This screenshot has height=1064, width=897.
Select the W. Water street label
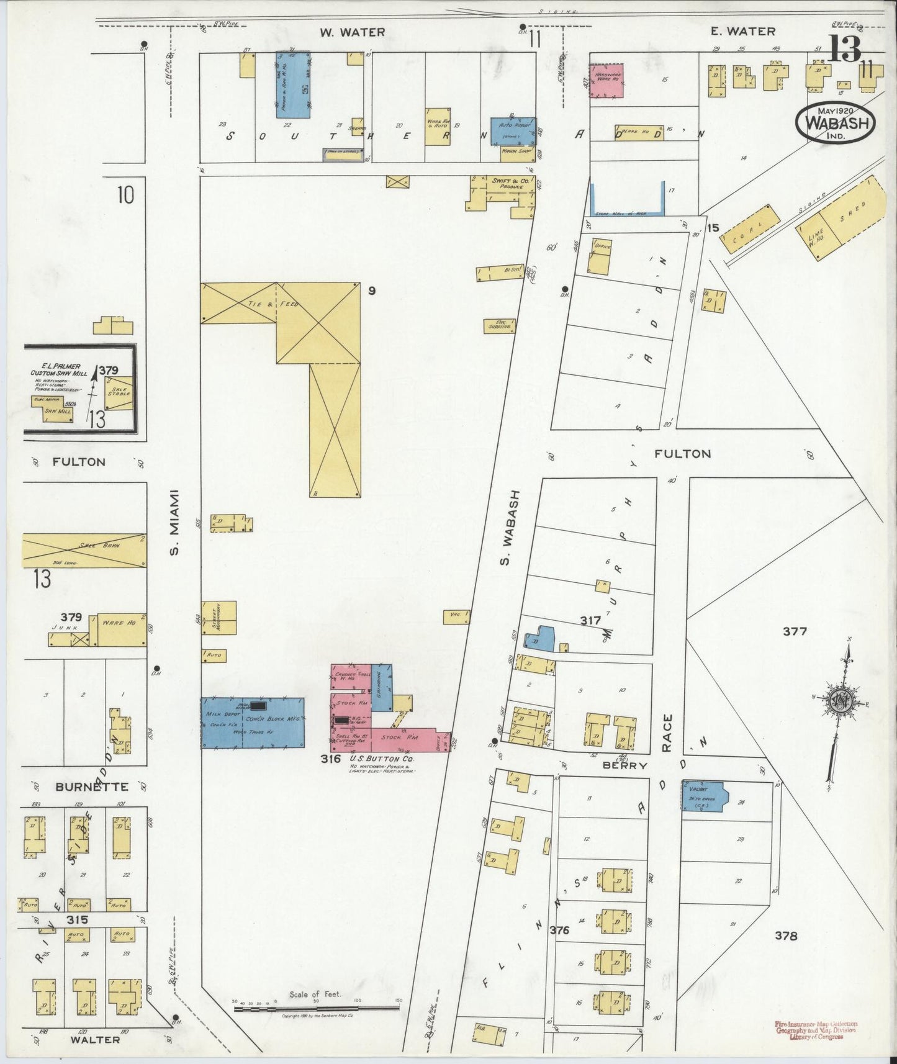(x=353, y=32)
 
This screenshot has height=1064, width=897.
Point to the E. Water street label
(x=744, y=31)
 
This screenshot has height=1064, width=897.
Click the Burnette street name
(x=91, y=787)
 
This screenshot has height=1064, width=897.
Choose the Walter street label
(x=95, y=1039)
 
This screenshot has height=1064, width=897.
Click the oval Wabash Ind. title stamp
(x=836, y=123)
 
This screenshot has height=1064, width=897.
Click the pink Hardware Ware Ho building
(x=606, y=80)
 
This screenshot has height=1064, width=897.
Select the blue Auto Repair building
(x=513, y=131)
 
